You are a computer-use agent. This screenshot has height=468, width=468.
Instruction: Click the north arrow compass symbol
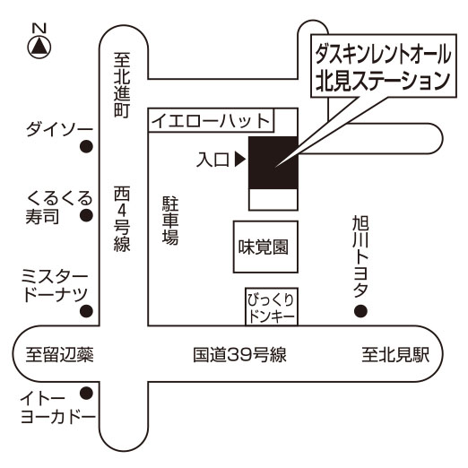(x=39, y=48)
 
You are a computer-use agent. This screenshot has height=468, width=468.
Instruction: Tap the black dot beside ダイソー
(x=86, y=146)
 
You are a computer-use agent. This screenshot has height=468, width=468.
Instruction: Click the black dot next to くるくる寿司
(x=86, y=215)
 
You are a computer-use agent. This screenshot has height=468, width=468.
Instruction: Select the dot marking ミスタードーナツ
(x=86, y=311)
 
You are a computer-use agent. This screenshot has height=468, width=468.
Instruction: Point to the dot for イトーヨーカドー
(x=86, y=393)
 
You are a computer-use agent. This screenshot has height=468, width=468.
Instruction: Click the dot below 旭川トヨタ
(x=360, y=311)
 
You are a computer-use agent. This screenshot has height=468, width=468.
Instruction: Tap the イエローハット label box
(x=211, y=121)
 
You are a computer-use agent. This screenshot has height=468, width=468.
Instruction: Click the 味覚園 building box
(x=265, y=247)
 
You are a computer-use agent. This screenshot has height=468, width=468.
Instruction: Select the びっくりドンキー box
(x=272, y=307)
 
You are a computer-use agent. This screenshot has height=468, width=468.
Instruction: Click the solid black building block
(x=273, y=163)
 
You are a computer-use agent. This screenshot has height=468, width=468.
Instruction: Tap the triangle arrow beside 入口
(x=240, y=160)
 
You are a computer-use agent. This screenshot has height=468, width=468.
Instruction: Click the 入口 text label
(x=212, y=160)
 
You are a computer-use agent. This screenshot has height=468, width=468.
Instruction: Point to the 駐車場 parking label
(x=170, y=221)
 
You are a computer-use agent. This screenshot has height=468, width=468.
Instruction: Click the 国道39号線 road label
(x=239, y=355)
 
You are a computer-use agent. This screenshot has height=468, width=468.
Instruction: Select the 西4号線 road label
(x=122, y=219)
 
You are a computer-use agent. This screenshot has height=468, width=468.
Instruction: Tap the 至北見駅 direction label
(x=395, y=355)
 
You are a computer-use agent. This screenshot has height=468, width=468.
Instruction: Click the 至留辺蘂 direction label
(x=60, y=355)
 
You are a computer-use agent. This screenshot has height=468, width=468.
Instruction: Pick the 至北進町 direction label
(x=122, y=85)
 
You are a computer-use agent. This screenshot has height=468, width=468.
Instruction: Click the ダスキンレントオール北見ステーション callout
(x=384, y=65)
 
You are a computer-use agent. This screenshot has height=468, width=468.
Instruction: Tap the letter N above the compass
(x=39, y=29)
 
